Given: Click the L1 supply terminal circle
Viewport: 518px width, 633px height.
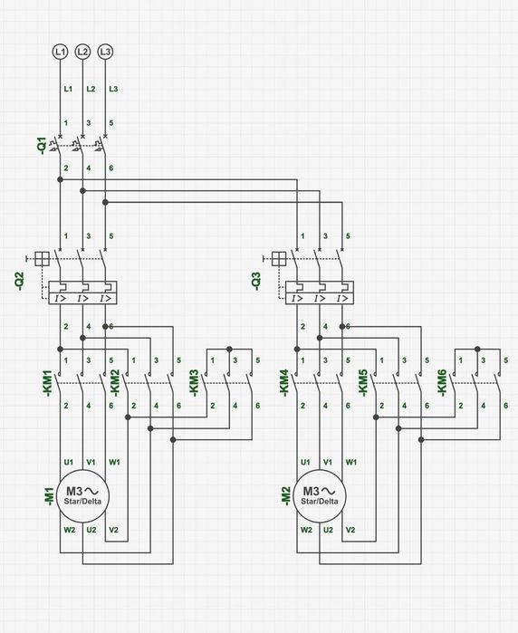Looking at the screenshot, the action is tap(60, 52).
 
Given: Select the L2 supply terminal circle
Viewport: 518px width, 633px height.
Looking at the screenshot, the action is tap(82, 52).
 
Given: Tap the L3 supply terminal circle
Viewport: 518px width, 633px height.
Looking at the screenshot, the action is tap(105, 52).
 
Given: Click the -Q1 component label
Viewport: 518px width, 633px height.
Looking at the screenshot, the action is tap(42, 146).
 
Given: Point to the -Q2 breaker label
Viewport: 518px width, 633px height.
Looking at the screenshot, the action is tap(19, 281).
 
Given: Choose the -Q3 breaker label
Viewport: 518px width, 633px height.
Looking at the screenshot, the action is tap(256, 281).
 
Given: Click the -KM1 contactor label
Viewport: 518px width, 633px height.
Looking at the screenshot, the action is tap(48, 383).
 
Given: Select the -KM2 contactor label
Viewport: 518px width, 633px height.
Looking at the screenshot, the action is tap(115, 383).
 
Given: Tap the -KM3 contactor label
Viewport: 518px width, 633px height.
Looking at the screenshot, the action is tap(194, 383).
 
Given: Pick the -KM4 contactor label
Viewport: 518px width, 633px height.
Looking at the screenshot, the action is tap(284, 383).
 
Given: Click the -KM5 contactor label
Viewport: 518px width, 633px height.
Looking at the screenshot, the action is tap(363, 383).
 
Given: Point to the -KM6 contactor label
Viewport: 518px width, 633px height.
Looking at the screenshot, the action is tap(442, 383).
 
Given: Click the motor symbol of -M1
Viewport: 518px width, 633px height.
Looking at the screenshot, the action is tap(82, 495).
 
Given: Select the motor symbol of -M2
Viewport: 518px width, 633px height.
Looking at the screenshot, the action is tap(320, 495).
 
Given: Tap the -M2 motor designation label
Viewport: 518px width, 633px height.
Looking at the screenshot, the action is tap(285, 495).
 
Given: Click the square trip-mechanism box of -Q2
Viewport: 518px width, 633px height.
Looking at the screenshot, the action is tap(42, 259).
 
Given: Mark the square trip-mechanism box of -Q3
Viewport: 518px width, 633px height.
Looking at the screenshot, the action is tap(279, 259).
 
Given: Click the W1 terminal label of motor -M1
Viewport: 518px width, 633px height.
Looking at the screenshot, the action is tap(114, 462).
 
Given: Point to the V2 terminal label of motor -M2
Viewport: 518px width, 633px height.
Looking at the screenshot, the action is tap(350, 530).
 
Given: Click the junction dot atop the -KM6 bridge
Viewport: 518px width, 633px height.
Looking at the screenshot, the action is tap(477, 349).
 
